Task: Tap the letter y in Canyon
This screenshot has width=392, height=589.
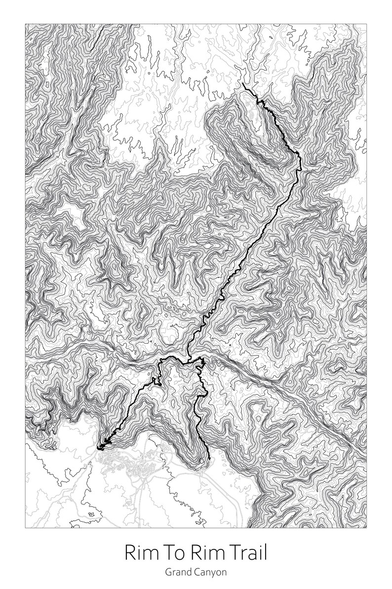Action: (x=211, y=574)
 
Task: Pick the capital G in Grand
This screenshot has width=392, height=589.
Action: (x=168, y=572)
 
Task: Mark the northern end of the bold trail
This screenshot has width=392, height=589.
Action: (x=243, y=85)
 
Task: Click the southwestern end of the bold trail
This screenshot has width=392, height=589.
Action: (x=99, y=449)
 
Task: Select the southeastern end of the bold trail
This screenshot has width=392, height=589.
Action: (x=209, y=459)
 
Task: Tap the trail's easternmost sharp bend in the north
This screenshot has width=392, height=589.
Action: (x=299, y=158)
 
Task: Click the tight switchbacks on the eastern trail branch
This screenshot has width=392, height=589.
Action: (x=201, y=366)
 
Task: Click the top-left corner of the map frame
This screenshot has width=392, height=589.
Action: (x=26, y=24)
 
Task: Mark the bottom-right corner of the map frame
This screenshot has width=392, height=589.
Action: (x=366, y=528)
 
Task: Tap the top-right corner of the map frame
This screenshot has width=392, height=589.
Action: (x=366, y=24)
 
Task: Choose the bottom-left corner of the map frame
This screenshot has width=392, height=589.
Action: (x=26, y=528)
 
